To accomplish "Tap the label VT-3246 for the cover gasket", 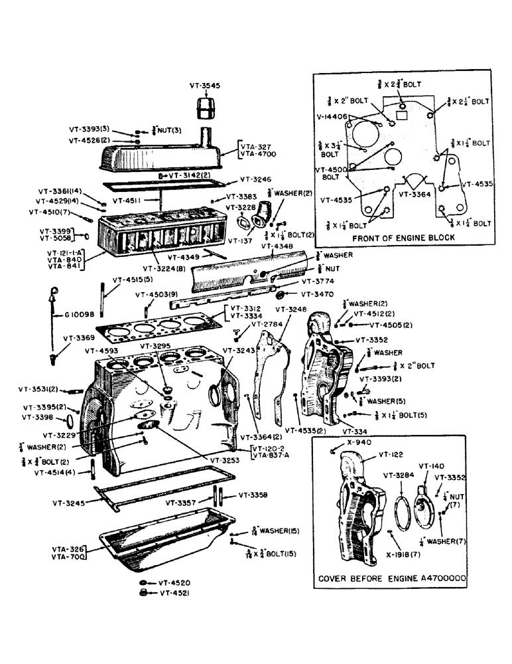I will click(x=253, y=179).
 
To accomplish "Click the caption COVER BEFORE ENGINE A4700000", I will click(x=391, y=578).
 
